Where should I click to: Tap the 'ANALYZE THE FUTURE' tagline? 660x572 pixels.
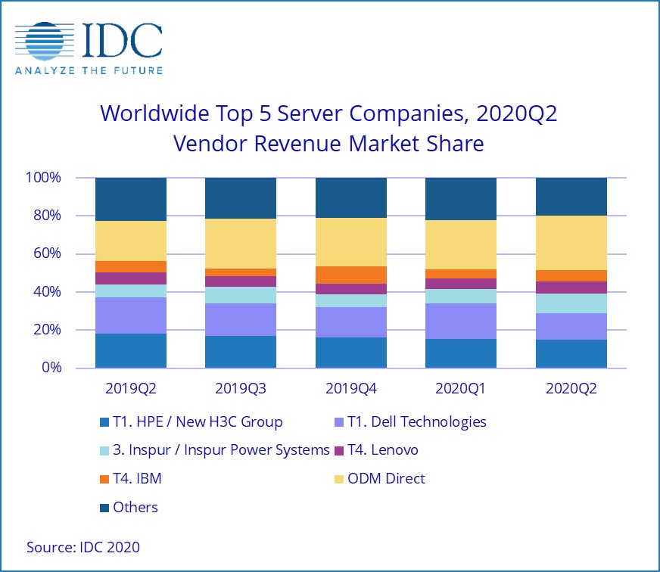point(89,70)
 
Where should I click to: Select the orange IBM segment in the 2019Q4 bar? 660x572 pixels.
point(350,275)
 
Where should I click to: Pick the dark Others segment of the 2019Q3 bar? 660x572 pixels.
point(241,198)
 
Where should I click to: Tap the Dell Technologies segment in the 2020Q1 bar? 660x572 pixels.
point(461,321)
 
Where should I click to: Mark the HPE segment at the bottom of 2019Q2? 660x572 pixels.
point(130,350)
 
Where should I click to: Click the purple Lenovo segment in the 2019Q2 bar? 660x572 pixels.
point(130,278)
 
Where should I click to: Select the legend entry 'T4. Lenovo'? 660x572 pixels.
point(381,450)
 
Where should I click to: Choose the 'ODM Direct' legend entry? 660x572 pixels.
point(385,478)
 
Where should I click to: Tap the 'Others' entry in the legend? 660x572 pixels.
point(135,507)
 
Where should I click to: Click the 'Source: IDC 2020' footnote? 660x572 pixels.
point(83,546)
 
